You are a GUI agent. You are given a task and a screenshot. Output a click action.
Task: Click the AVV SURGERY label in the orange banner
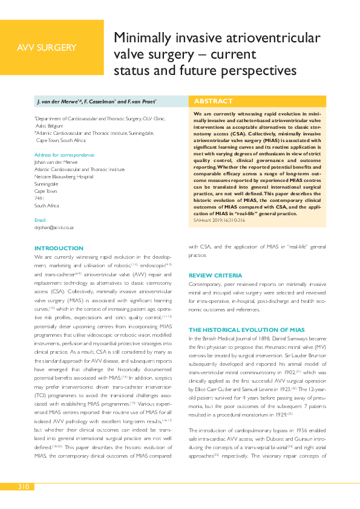tap(47, 48)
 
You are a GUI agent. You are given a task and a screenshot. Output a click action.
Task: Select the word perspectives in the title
tap(262, 71)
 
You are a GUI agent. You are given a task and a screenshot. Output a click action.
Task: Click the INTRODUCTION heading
tap(59, 248)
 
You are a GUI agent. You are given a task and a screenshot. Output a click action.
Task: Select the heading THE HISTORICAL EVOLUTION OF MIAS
tap(247, 329)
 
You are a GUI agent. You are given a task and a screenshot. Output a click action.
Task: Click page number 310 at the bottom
tap(24, 487)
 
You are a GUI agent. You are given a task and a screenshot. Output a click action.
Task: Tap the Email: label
tap(41, 220)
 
